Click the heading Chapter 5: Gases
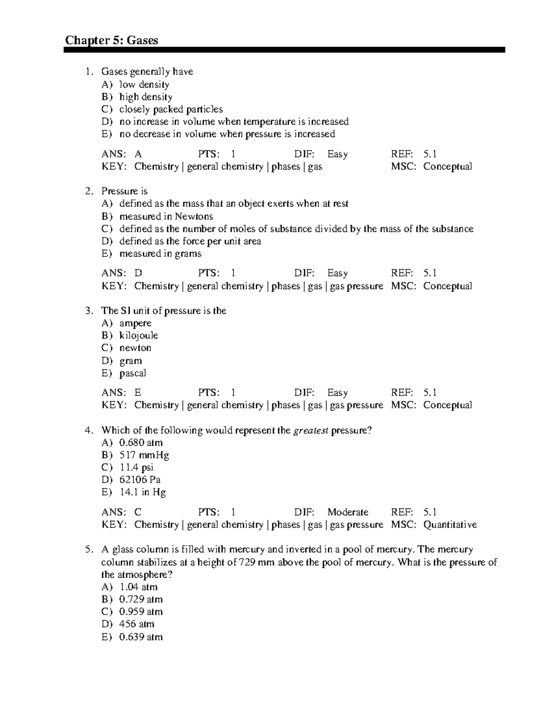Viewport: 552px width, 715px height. coord(111,41)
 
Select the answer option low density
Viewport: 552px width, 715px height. coord(144,84)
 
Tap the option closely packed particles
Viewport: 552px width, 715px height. coord(171,109)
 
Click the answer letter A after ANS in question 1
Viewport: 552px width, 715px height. coord(138,154)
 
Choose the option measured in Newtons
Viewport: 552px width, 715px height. coord(166,216)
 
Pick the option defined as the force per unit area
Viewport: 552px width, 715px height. coord(190,241)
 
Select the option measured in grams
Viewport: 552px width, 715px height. coord(160,254)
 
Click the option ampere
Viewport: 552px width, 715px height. coord(135,323)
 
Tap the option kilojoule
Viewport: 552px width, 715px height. coord(138,336)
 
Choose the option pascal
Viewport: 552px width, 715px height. coord(132,373)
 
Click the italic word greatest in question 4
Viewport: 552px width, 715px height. coord(311,430)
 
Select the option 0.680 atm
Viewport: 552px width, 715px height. coord(141,443)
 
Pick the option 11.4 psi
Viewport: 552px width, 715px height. coord(136,467)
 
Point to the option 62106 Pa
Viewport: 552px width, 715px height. coord(140,480)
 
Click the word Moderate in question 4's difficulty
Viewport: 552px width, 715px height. coord(348,512)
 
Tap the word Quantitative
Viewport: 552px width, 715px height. coord(450,525)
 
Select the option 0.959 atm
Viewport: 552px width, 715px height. coord(141,612)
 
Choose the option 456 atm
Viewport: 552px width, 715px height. coord(137,624)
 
